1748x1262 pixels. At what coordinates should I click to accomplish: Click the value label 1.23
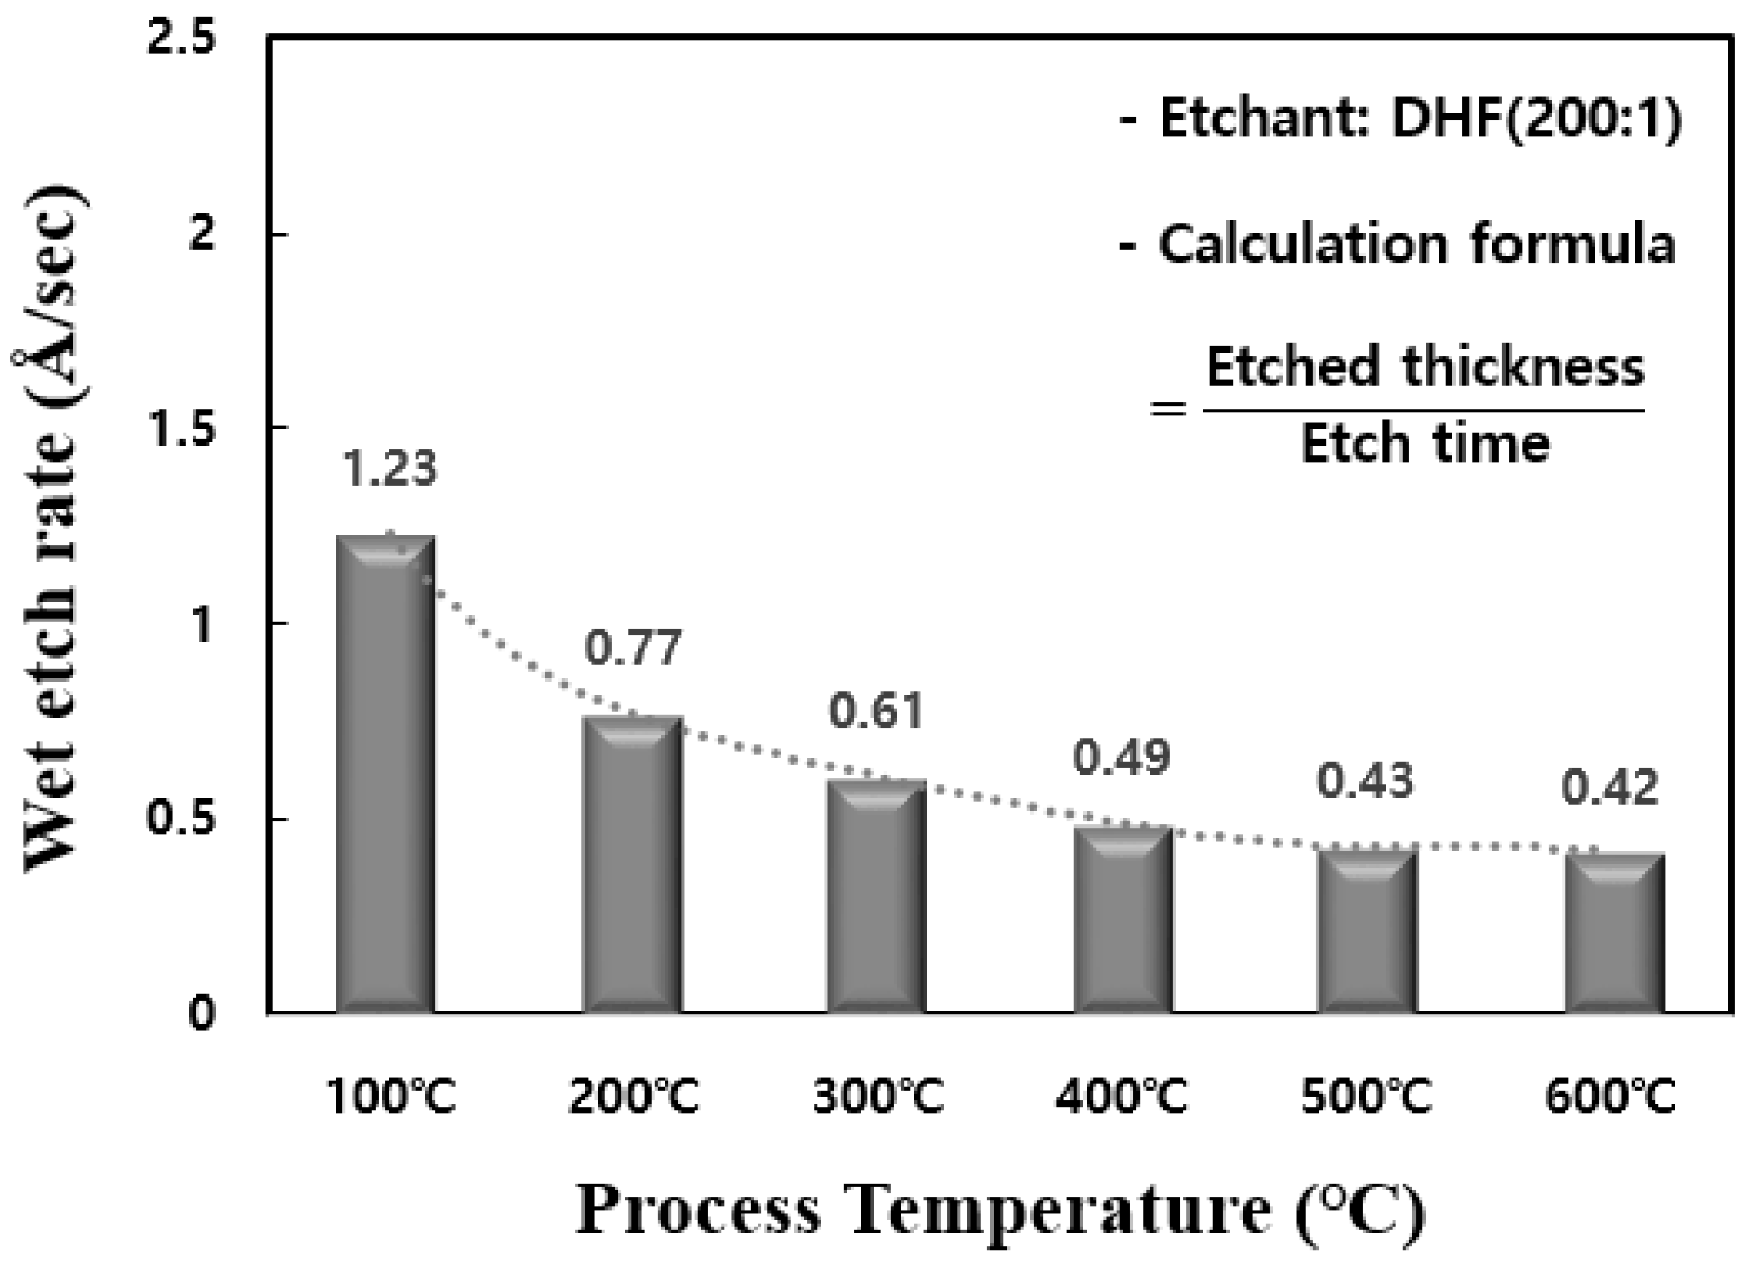tap(389, 469)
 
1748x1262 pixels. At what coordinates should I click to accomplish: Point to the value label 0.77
tap(632, 649)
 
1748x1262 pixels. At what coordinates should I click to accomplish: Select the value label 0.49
tap(1121, 758)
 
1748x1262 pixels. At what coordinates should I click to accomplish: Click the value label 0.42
tap(1610, 789)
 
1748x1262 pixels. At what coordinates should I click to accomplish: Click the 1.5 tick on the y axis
tap(180, 428)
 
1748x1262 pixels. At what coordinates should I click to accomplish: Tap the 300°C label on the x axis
tap(878, 1095)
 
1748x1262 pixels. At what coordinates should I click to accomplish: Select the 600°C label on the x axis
tap(1610, 1095)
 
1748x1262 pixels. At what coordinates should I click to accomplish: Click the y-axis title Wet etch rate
tap(54, 531)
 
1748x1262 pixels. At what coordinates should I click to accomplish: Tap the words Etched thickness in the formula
tap(1425, 368)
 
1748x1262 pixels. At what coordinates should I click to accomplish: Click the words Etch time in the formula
tap(1425, 445)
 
